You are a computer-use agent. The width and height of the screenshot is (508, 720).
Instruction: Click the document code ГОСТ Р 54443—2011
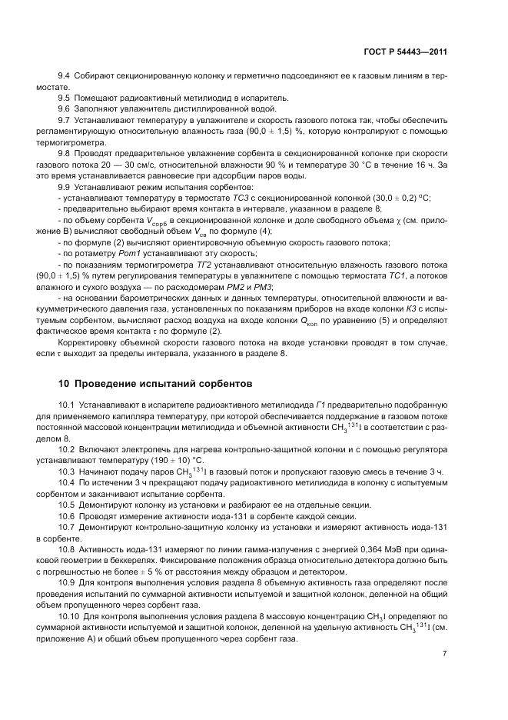tap(405, 52)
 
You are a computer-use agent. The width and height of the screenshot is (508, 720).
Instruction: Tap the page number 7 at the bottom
tap(445, 654)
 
